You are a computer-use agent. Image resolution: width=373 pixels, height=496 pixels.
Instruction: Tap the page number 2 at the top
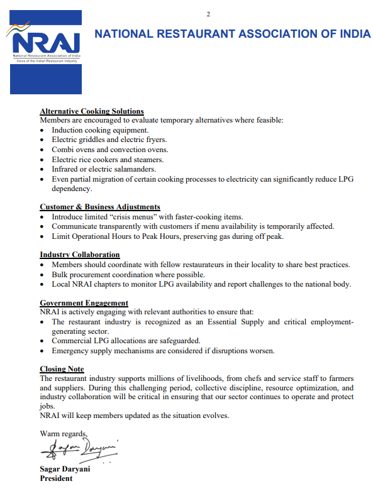click(208, 14)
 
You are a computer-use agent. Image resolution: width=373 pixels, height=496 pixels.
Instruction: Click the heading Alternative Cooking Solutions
click(92, 111)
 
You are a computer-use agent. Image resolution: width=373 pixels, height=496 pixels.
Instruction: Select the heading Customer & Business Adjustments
click(100, 207)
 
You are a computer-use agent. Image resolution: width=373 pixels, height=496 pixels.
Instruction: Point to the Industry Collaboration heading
click(80, 255)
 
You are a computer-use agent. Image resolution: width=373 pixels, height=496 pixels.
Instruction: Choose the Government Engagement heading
click(84, 303)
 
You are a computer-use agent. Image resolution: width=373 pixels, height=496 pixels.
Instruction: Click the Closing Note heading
click(62, 369)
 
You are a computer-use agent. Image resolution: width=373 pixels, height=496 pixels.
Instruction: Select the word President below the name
click(56, 478)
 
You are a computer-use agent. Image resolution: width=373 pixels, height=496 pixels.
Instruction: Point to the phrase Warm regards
click(63, 433)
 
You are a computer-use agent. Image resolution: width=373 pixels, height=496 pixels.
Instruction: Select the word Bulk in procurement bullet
click(60, 275)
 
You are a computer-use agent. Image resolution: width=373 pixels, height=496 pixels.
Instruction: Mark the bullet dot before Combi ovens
click(42, 150)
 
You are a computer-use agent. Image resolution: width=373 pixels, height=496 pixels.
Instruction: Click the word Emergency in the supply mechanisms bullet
click(70, 350)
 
